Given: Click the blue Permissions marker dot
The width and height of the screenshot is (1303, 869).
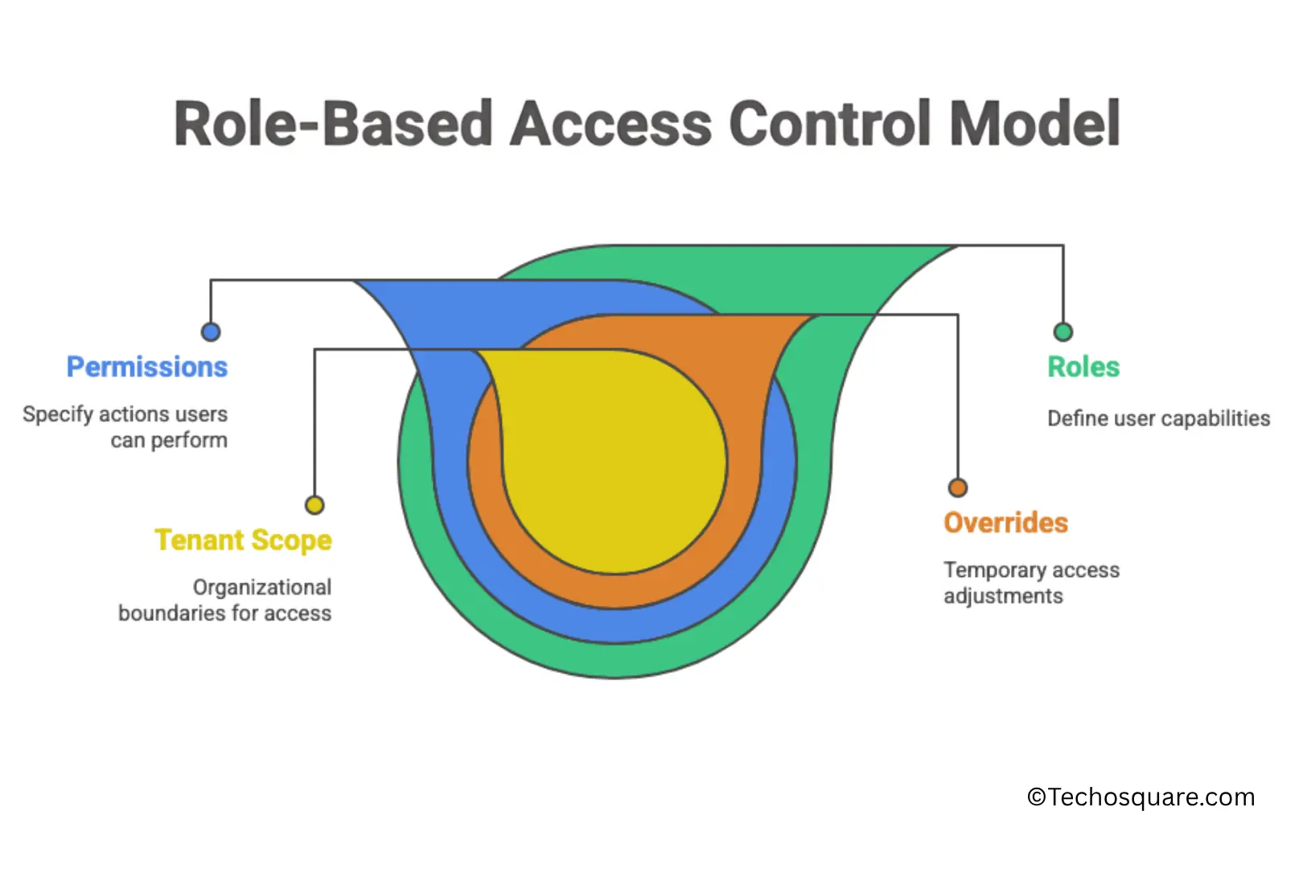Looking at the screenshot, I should pos(211,332).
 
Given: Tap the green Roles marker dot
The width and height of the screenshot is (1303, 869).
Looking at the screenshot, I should pos(1063,332).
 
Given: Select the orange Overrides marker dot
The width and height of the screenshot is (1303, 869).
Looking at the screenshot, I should pos(957,488).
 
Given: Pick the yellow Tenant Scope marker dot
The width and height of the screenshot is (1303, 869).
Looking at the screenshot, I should pos(314,505).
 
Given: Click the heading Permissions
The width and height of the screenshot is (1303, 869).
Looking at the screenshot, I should pos(147,367).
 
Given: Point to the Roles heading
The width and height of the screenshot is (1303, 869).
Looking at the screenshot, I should pos(1083,367).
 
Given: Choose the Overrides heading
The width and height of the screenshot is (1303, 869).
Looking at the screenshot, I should pos(1005,523).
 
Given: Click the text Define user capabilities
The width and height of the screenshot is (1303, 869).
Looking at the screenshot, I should pos(1158,418).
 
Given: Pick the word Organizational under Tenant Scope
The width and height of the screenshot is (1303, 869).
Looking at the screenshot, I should pos(262,587).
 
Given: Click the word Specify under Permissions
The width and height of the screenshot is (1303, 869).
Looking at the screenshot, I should pos(58,414).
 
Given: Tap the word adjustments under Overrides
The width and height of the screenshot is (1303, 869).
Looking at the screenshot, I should pos(1003,596).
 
